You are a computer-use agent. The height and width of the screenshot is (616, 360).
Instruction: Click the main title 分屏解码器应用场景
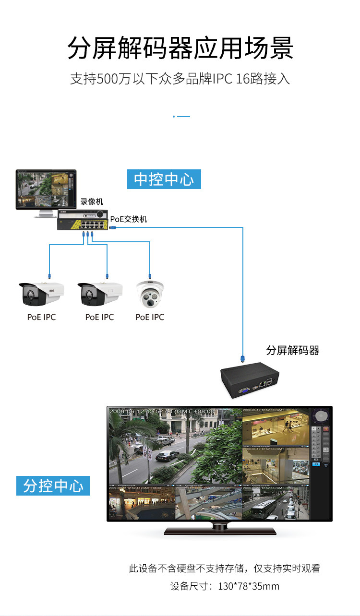pyautogui.click(x=180, y=48)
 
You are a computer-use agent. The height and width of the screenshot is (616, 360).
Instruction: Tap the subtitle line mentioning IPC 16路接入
pyautogui.click(x=180, y=79)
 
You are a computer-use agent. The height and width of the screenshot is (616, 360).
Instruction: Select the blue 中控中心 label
pyautogui.click(x=164, y=179)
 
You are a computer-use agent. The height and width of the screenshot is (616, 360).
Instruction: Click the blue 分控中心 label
pyautogui.click(x=53, y=486)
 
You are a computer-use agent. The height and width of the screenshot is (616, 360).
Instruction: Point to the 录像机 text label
pyautogui.click(x=92, y=201)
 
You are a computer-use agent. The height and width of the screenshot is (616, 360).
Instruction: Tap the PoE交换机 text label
pyautogui.click(x=129, y=219)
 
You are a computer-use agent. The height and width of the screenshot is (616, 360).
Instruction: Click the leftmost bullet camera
pyautogui.click(x=41, y=295)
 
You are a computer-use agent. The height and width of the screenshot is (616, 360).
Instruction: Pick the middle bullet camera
pyautogui.click(x=99, y=295)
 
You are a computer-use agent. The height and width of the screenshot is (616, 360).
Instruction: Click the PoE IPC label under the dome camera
pyautogui.click(x=150, y=317)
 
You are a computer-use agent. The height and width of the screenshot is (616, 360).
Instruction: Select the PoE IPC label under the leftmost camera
pyautogui.click(x=41, y=317)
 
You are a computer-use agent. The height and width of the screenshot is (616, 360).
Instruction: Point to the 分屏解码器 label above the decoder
pyautogui.click(x=293, y=350)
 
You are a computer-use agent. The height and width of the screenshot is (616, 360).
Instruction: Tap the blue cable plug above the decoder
pyautogui.click(x=243, y=358)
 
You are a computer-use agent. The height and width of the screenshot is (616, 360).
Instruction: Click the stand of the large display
pyautogui.click(x=220, y=529)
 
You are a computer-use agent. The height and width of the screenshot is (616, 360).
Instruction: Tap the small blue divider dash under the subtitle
pyautogui.click(x=181, y=116)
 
